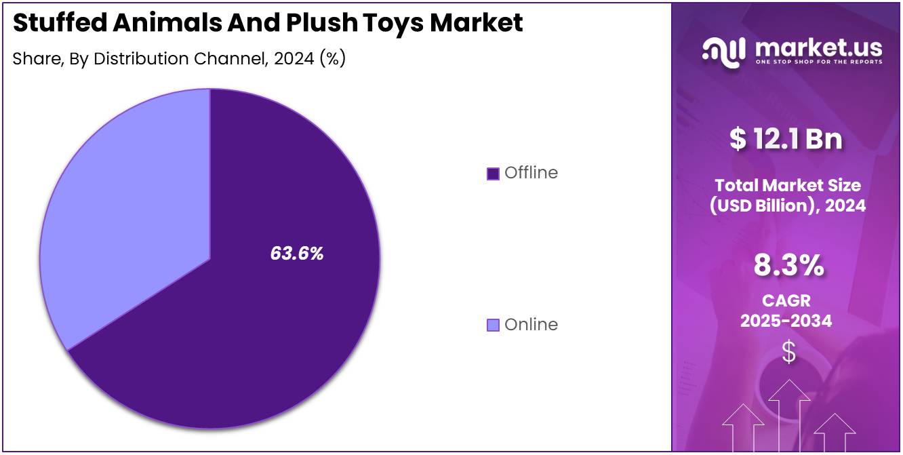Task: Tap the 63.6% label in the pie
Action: coord(297,254)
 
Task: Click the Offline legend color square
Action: coord(493,174)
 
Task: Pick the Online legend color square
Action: coord(493,325)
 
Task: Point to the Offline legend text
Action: coord(531,173)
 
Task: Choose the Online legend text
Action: coord(531,325)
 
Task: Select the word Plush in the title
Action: coord(318,23)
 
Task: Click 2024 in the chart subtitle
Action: coord(294,59)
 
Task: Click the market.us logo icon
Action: coord(723,52)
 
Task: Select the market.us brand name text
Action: coord(818,47)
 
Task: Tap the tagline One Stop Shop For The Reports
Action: coord(819,62)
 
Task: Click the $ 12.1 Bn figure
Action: coord(786,139)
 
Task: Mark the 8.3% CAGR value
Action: coord(788,266)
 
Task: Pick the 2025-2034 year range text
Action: coord(786,321)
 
